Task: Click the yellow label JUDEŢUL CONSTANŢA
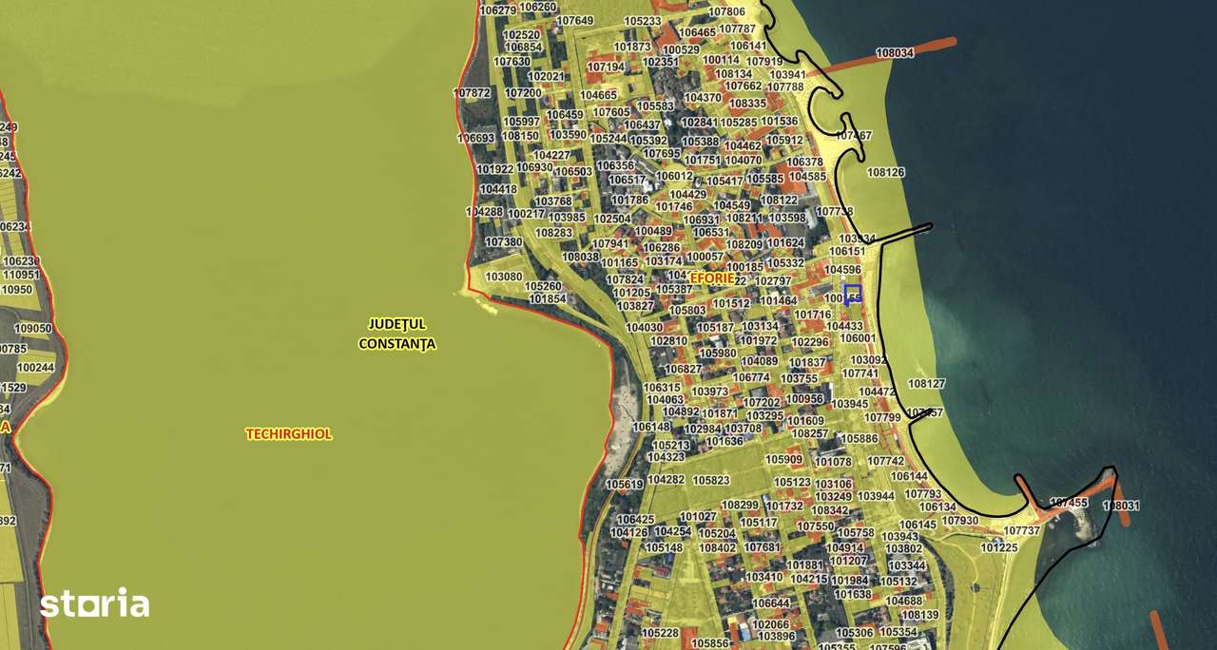point(396,334)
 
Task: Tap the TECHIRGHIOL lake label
point(289,434)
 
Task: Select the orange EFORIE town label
point(712,277)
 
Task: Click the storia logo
point(94,603)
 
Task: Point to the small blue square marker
point(852,294)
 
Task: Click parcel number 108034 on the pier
point(894,53)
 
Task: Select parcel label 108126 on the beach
point(885,173)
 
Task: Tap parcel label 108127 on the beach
point(926,384)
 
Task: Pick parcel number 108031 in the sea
point(1120,506)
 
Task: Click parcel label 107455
point(1068,503)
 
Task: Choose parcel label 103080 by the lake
point(503,277)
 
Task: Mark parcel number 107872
point(472,93)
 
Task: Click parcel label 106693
point(475,138)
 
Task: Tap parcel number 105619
point(624,485)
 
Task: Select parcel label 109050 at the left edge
point(33,329)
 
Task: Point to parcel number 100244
point(36,368)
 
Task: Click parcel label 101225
point(998,547)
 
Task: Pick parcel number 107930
point(960,521)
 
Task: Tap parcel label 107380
point(503,242)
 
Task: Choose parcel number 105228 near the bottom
point(660,633)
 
